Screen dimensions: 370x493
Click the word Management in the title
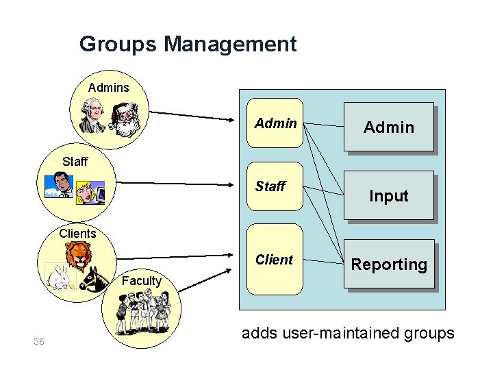click(230, 45)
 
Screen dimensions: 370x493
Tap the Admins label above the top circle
click(108, 87)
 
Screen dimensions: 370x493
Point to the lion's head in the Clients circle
click(80, 257)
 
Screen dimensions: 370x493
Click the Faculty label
click(141, 280)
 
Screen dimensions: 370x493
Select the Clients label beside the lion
click(77, 233)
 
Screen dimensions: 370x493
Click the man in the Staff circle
click(59, 186)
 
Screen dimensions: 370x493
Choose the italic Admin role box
click(275, 123)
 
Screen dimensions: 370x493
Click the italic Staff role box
click(274, 187)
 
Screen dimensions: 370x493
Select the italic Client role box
click(274, 259)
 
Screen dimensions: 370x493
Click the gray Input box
click(389, 196)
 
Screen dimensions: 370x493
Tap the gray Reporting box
click(389, 264)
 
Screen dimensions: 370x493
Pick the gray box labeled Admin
click(389, 127)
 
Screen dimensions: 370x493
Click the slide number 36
click(39, 341)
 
